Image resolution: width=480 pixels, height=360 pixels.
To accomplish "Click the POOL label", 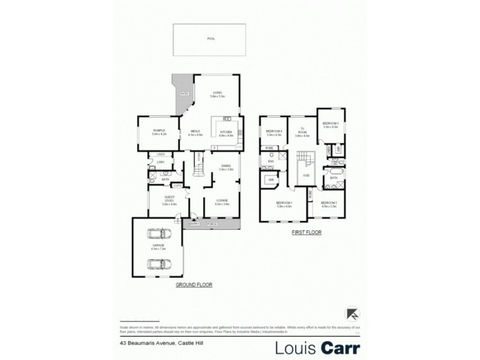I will (211, 38).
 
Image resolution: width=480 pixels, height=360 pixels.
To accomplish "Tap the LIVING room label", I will (217, 92).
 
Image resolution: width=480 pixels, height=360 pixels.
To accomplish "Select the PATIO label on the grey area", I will (185, 94).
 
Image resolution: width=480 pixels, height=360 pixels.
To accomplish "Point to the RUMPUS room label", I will (158, 130).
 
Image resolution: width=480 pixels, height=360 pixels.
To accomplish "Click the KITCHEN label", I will (226, 131).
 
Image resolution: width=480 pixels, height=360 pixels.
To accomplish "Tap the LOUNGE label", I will (222, 200).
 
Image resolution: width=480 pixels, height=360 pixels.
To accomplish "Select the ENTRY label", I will (194, 224).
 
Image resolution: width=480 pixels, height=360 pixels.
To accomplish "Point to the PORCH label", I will (212, 224).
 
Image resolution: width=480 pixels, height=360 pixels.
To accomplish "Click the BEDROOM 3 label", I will (331, 124).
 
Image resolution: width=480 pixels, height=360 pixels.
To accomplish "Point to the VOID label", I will (305, 175).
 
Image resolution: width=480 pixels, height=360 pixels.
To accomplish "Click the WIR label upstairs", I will (271, 179).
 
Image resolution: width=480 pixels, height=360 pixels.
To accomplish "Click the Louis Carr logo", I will (317, 347).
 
